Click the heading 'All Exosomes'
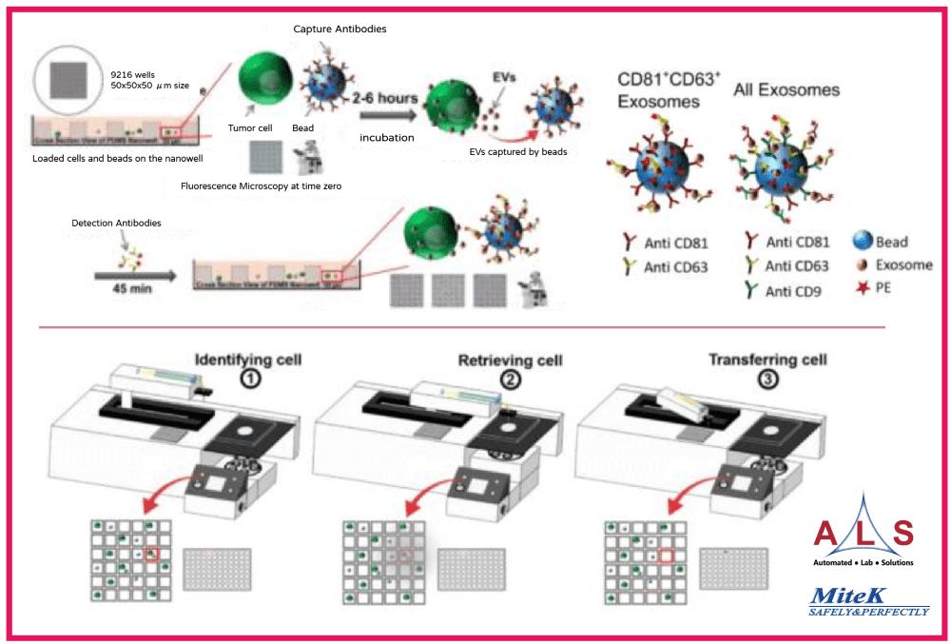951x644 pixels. pos(786,90)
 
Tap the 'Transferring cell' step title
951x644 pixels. pos(767,361)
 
